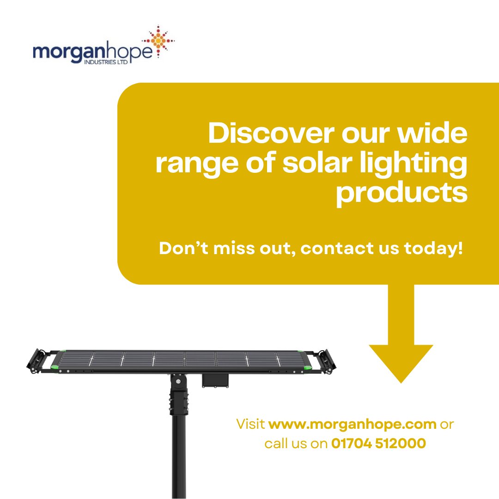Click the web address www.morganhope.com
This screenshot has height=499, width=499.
352,424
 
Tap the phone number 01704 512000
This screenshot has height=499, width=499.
378,444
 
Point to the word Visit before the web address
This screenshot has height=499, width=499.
250,424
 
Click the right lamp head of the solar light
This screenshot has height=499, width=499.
329,360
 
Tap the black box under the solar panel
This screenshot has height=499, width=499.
215,380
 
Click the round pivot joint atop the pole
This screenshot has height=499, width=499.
177,382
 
